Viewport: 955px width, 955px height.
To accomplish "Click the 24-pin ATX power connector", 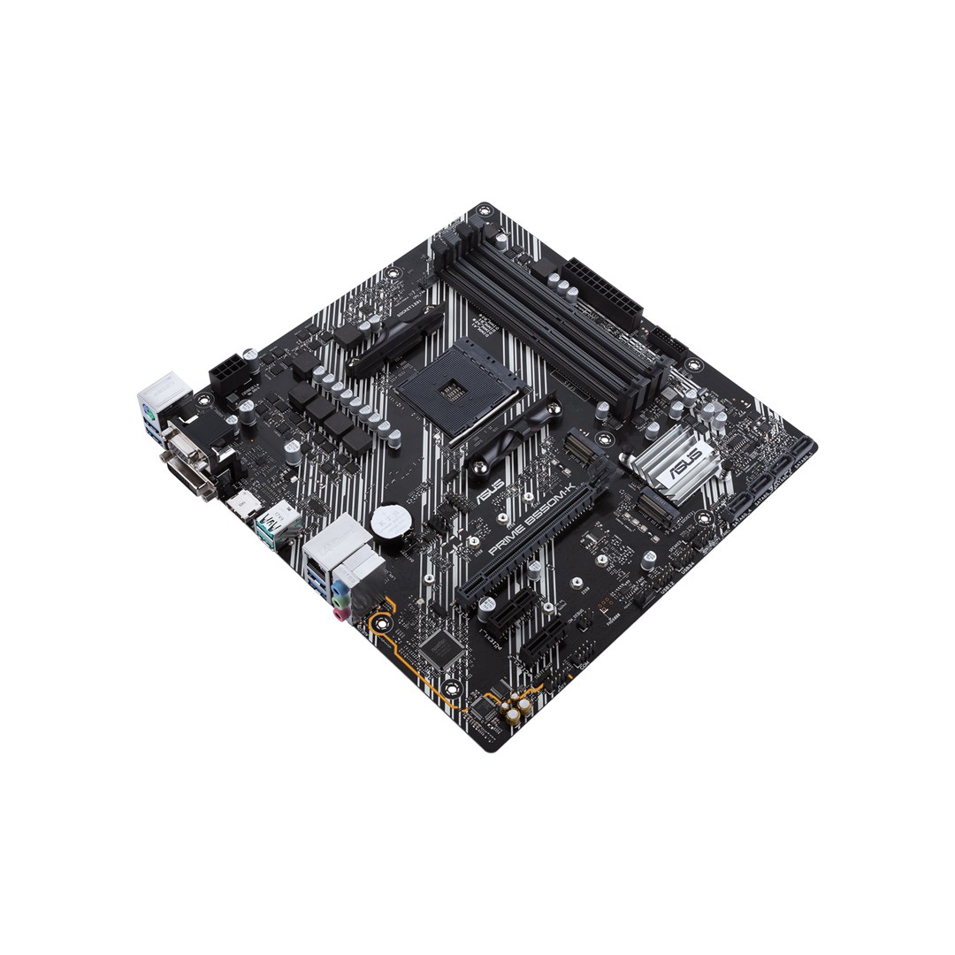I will [x=601, y=291].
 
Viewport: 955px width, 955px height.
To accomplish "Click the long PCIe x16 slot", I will [x=531, y=539].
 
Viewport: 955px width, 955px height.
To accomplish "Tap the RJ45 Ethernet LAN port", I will [x=319, y=554].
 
